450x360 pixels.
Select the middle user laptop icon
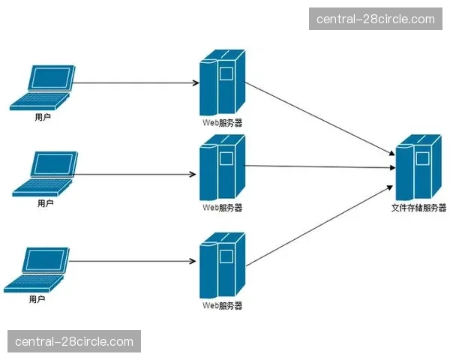(45, 175)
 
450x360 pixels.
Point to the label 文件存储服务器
(418, 208)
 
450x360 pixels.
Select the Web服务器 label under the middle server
(223, 208)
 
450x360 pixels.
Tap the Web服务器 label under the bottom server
(223, 306)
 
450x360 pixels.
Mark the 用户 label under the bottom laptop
(37, 299)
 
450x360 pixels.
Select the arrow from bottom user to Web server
(135, 262)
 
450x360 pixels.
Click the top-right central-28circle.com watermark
(375, 19)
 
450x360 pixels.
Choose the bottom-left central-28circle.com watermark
(73, 341)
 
